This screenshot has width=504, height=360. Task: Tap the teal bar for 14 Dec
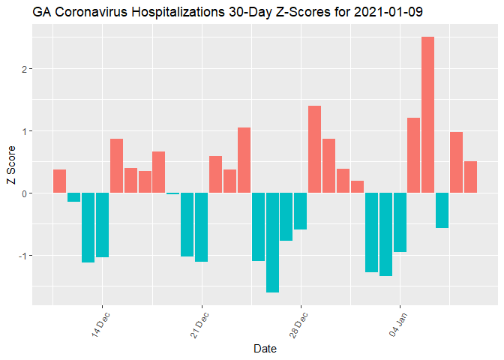click(102, 225)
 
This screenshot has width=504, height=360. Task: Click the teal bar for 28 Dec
click(301, 211)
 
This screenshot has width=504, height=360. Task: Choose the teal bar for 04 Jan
click(400, 222)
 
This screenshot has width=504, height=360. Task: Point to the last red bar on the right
click(470, 177)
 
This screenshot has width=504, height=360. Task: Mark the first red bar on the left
click(59, 181)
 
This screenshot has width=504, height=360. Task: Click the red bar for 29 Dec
click(315, 149)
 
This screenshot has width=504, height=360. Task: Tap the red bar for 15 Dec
click(116, 166)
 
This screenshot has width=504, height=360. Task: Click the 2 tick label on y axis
click(23, 69)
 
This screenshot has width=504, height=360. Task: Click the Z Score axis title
click(10, 171)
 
